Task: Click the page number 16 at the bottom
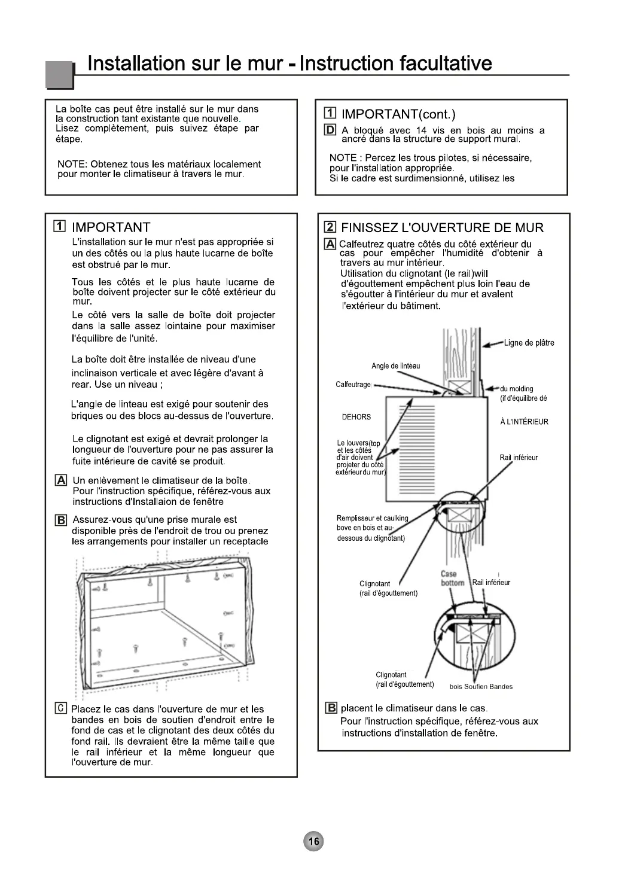[x=313, y=842]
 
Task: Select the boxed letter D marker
[x=330, y=130]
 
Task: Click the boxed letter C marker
[x=60, y=709]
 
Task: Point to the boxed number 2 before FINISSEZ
[x=330, y=227]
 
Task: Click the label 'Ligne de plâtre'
[x=529, y=343]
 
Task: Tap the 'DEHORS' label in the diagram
[x=356, y=417]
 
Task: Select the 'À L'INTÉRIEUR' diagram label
[x=524, y=422]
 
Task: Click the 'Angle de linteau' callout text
[x=396, y=366]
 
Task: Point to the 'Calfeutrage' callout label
[x=353, y=384]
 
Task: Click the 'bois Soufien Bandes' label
[x=481, y=686]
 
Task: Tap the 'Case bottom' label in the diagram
[x=452, y=578]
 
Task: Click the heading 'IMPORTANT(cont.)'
[x=398, y=114]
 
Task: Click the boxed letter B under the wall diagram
[x=331, y=708]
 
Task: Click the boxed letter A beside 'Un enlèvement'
[x=60, y=480]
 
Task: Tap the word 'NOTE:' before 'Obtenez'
[x=72, y=164]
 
